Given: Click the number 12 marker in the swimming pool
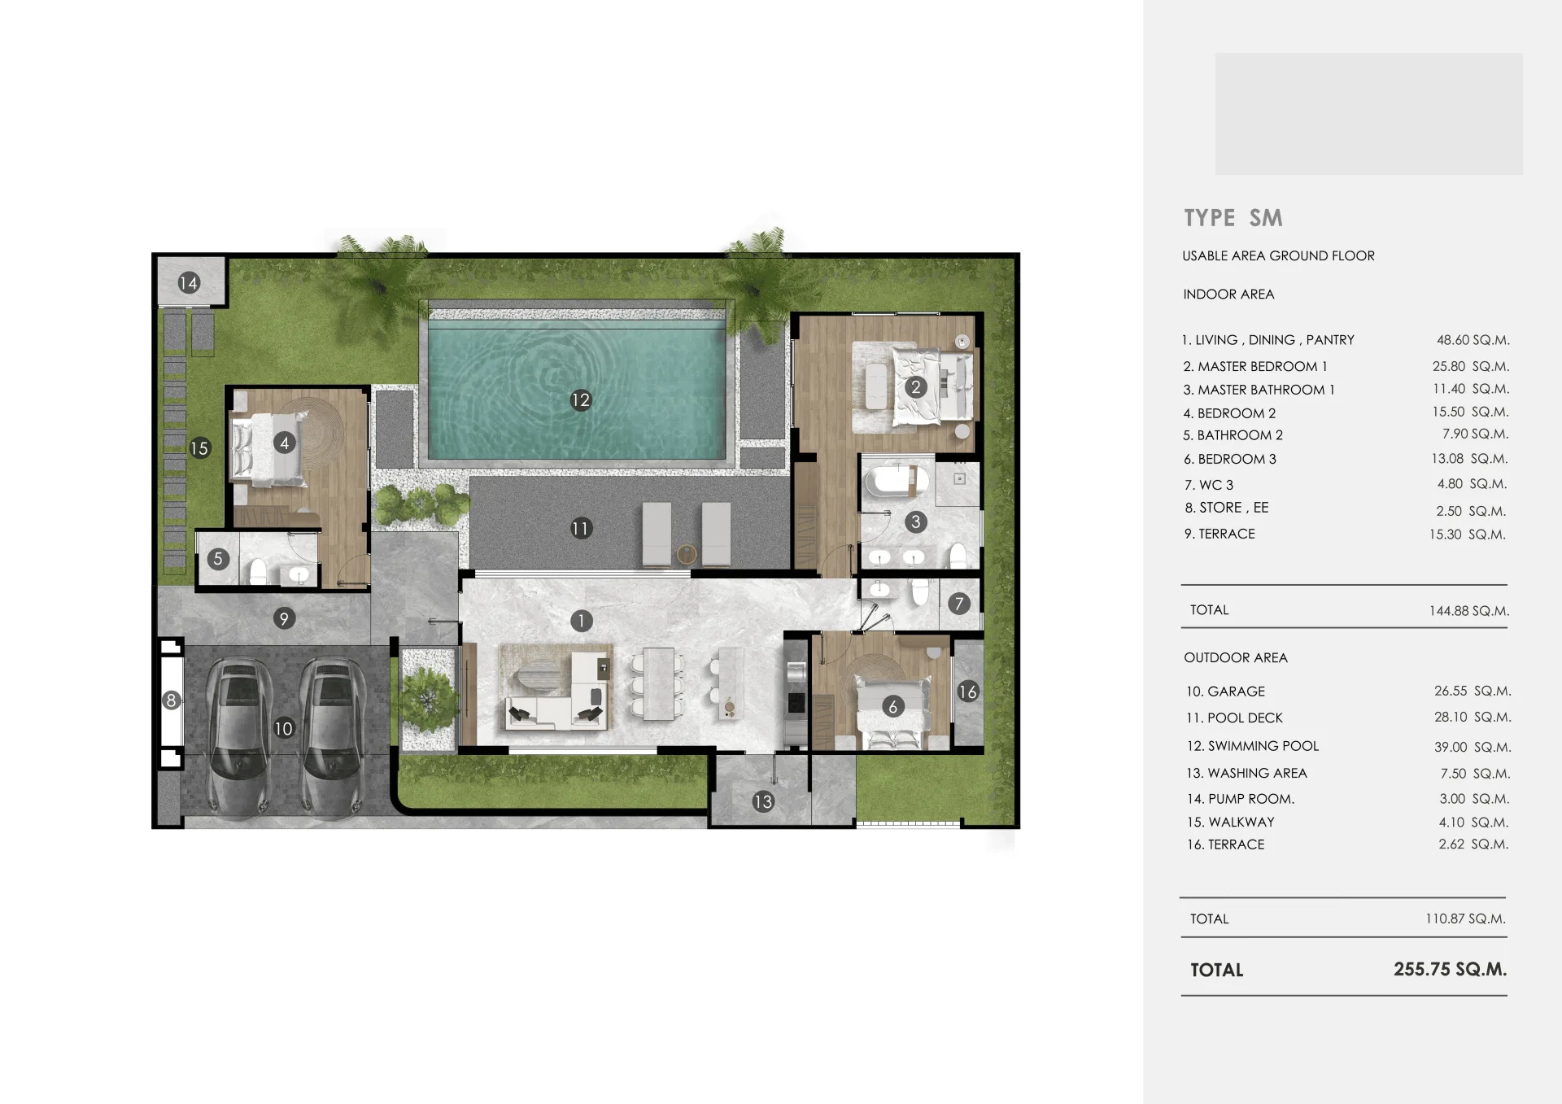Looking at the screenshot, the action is click(x=580, y=399).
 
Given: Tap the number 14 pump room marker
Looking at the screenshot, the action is click(x=189, y=283).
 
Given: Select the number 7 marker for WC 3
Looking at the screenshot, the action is click(x=959, y=604).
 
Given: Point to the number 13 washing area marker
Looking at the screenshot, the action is click(x=762, y=802).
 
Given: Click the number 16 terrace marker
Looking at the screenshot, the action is click(x=967, y=692).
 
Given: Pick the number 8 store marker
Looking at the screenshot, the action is click(x=171, y=700).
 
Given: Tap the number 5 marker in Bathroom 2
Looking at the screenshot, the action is click(x=217, y=559).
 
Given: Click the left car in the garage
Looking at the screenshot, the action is click(x=239, y=736).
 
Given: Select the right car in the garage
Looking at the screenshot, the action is click(x=334, y=736).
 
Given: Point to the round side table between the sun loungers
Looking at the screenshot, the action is click(x=687, y=555).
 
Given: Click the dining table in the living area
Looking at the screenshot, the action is click(x=658, y=683).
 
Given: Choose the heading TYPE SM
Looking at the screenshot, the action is click(x=1233, y=218).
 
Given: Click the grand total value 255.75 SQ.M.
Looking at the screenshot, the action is click(x=1450, y=969).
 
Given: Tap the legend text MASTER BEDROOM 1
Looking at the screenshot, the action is click(x=1263, y=367).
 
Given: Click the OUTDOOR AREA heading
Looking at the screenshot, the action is click(x=1236, y=657).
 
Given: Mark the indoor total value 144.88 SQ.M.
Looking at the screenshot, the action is click(x=1469, y=610).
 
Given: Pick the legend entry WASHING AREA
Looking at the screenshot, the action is click(x=1258, y=773).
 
